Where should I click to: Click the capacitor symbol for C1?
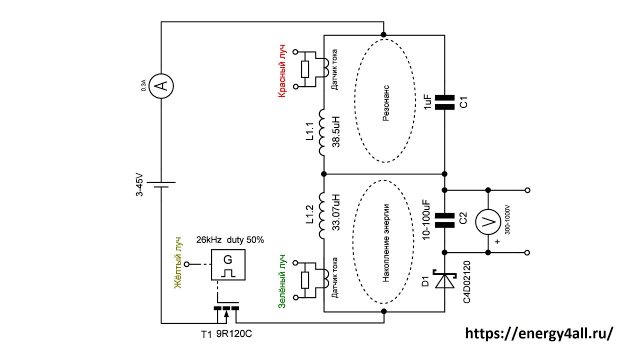coord(444,102)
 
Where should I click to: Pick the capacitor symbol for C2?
coord(444,220)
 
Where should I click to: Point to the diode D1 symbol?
coord(444,279)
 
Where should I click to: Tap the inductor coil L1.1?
coord(322,132)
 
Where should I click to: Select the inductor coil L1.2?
coord(322,215)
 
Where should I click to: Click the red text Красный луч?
coord(281,71)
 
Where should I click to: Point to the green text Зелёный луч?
coord(281,281)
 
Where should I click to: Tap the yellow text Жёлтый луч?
coord(178,263)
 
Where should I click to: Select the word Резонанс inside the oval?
coord(385,103)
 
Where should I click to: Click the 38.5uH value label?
coord(336,131)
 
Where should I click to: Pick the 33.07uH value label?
coord(336,212)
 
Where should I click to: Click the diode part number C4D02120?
coord(466,282)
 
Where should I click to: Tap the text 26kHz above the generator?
coord(209,239)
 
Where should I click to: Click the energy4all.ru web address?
coord(539,333)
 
